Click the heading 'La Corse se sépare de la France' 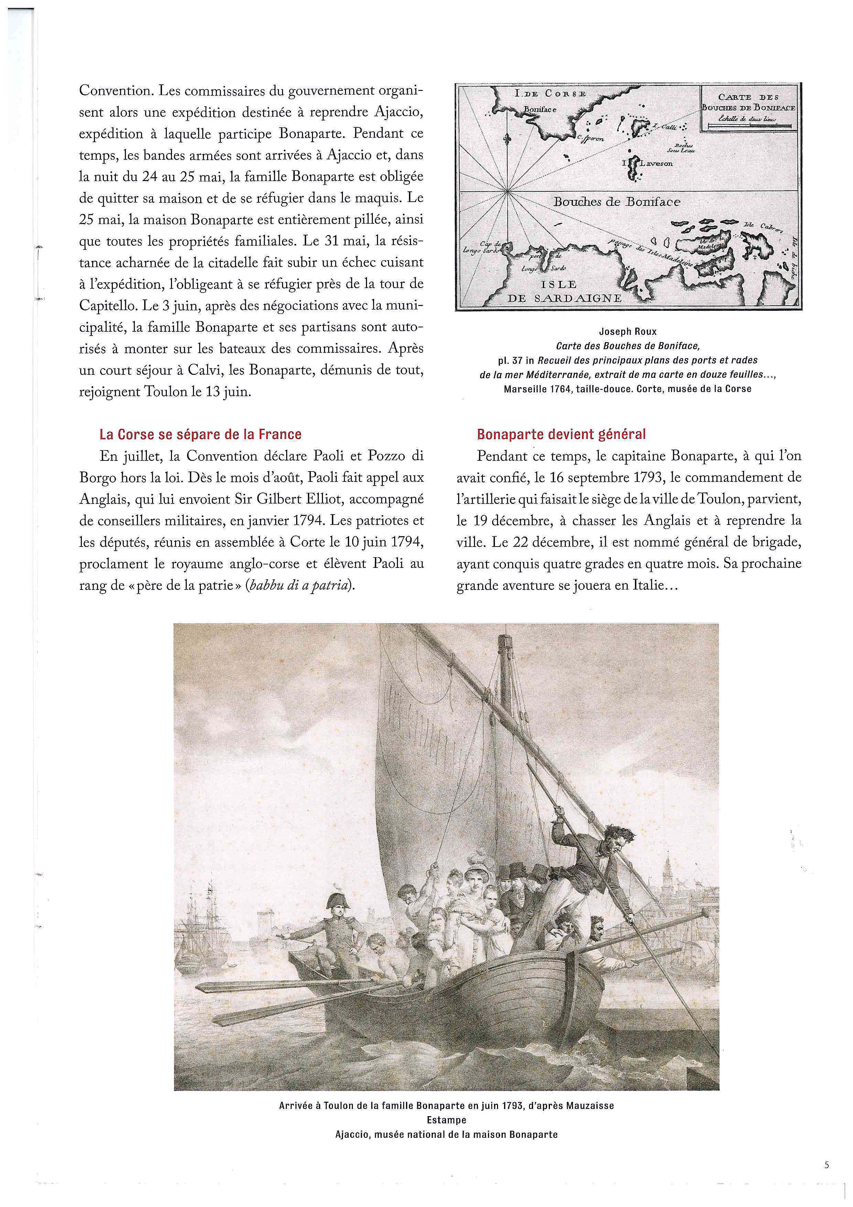point(201,435)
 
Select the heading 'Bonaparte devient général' point(561,435)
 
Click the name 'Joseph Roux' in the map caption point(628,332)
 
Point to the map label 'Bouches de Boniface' point(617,202)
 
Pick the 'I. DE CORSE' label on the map point(550,94)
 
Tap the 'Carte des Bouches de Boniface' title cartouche point(749,108)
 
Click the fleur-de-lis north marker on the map point(507,140)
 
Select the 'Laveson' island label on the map point(654,163)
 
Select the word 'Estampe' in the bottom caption point(446,1120)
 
